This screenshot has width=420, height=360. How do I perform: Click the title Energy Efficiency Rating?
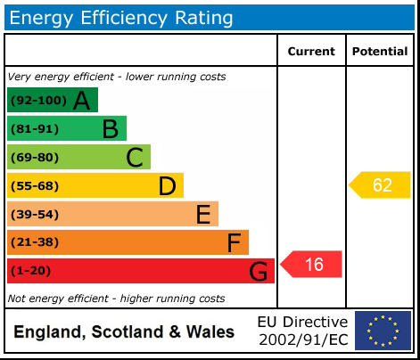pos(122,17)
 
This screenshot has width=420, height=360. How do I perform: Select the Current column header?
pos(311,52)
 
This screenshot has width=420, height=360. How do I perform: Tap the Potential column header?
pos(380,52)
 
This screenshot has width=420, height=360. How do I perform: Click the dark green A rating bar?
pos(52,101)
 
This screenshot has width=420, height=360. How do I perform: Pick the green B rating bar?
pos(67,129)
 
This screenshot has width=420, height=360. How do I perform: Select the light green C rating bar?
pos(78,158)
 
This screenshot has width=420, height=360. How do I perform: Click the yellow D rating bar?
pos(95,186)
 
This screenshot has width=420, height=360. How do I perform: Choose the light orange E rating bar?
pos(112,215)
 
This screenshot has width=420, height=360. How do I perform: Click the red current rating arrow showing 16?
pos(312,265)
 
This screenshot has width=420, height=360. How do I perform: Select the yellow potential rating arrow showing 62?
pos(380,185)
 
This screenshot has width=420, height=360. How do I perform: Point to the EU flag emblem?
pos(383,331)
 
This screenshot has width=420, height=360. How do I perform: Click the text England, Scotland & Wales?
pos(124,332)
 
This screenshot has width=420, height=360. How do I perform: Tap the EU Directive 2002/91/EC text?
pos(302,331)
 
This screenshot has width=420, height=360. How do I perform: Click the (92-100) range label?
pos(37,101)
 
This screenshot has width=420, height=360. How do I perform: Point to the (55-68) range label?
pos(34,186)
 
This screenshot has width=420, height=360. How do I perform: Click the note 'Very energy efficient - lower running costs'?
pos(117,77)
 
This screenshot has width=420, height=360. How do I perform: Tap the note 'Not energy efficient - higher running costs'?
pos(116,299)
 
